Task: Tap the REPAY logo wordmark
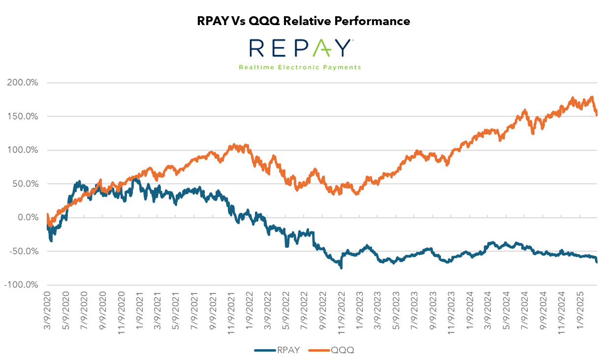[x=300, y=48]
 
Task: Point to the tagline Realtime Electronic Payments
[x=300, y=67]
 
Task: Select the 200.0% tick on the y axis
[x=23, y=83]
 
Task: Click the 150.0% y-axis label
[x=23, y=117]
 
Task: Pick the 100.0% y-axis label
[x=23, y=150]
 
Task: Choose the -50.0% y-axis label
[x=23, y=251]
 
